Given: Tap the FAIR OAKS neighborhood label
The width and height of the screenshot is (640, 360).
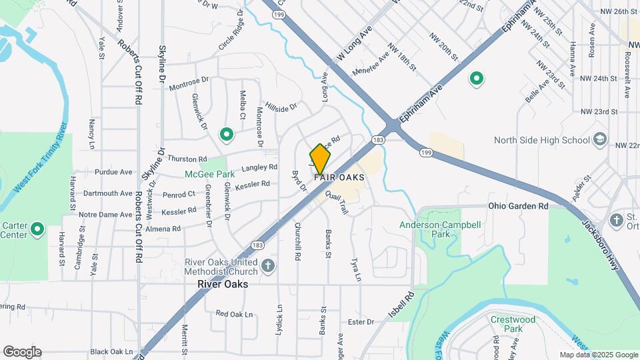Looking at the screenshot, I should [339, 177].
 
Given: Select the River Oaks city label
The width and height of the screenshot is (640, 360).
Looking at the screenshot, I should [223, 284].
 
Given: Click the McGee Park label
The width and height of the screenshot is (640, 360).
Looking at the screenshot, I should [205, 175].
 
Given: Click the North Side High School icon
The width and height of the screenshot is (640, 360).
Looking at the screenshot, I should [600, 139].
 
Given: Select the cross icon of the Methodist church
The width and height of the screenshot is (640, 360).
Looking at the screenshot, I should [268, 267].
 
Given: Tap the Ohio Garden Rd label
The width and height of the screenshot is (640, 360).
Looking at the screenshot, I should [518, 207].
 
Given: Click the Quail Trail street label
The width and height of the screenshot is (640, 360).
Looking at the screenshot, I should [337, 199].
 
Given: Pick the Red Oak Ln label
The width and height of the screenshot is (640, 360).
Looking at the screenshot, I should [234, 314].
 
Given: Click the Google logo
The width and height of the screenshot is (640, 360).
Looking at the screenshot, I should [22, 352].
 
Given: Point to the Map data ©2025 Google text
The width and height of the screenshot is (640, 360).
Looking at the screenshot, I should [598, 355].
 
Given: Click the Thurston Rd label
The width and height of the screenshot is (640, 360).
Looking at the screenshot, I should [187, 159].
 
